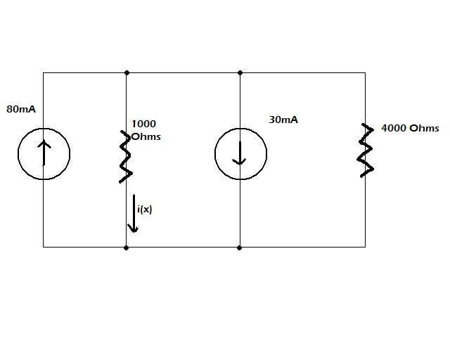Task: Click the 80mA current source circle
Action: (44, 153)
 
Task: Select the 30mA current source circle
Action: (240, 153)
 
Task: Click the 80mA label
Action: (20, 109)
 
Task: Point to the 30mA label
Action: (283, 120)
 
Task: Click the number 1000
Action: (143, 124)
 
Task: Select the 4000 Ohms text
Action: (410, 128)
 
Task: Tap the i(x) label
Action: (145, 209)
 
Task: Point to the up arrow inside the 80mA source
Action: (44, 151)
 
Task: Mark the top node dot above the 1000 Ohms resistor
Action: (127, 72)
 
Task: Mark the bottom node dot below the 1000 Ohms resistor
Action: (127, 247)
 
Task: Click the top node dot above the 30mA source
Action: (240, 72)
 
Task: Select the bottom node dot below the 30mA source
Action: (240, 247)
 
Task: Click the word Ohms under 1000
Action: (146, 136)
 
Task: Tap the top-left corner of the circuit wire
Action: (44, 72)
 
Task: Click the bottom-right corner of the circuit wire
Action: (365, 247)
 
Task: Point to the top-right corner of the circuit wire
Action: (365, 72)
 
